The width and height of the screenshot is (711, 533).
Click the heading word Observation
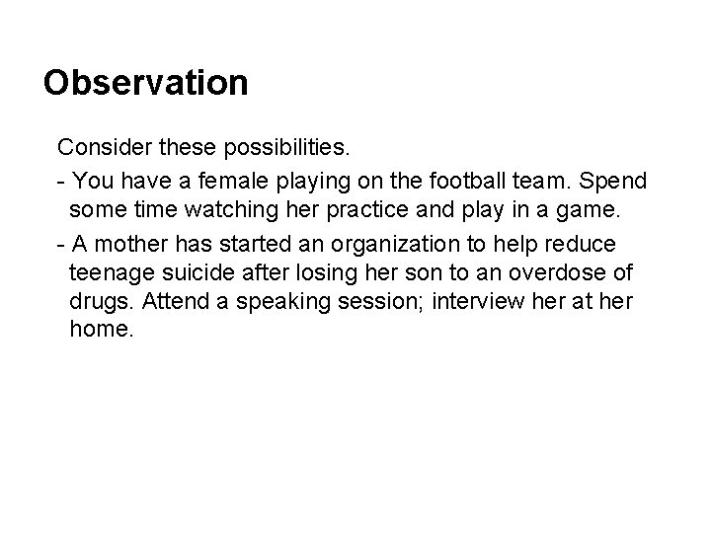[146, 82]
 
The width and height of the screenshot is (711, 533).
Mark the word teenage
[113, 271]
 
